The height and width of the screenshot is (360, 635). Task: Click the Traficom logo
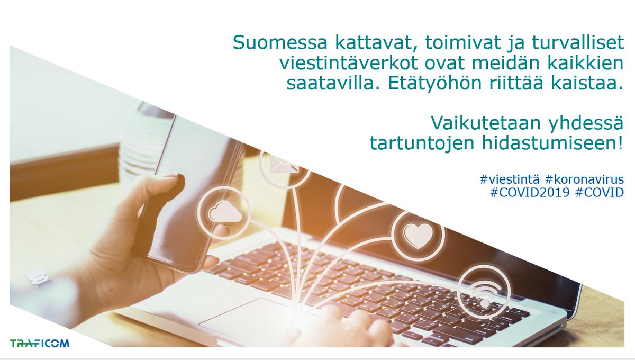(40, 343)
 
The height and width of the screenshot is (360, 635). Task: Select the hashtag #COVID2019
(530, 193)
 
